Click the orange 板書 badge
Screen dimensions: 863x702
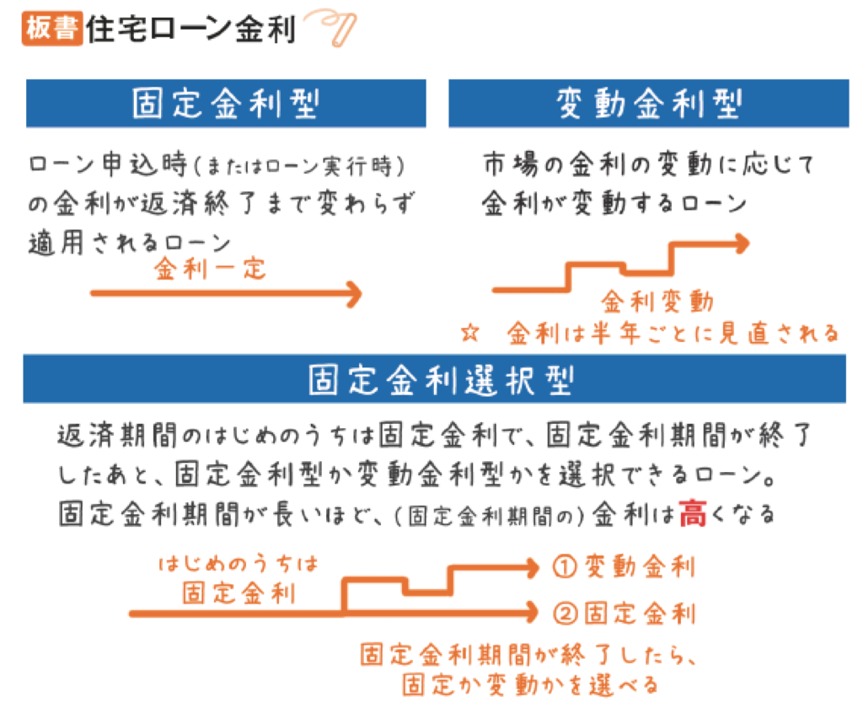tap(52, 28)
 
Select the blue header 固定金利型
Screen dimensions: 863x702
tap(226, 104)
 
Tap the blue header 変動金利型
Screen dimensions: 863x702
tap(648, 104)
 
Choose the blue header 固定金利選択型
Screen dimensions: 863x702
tap(434, 379)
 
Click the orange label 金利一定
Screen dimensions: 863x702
tap(210, 269)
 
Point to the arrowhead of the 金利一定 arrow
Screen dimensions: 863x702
tap(355, 294)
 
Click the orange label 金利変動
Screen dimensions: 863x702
tap(657, 301)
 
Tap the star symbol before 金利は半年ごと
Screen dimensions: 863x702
tap(470, 333)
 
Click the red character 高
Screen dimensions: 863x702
tap(693, 514)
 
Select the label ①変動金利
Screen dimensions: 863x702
tap(624, 566)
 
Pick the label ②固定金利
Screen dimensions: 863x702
tap(624, 613)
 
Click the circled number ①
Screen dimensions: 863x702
tap(565, 567)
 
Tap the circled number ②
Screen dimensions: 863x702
tap(565, 614)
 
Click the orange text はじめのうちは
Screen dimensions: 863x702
tap(239, 564)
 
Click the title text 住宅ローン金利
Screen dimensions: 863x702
tap(191, 29)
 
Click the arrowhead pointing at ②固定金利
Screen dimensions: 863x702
tap(532, 613)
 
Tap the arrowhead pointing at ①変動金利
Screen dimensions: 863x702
tap(532, 568)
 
